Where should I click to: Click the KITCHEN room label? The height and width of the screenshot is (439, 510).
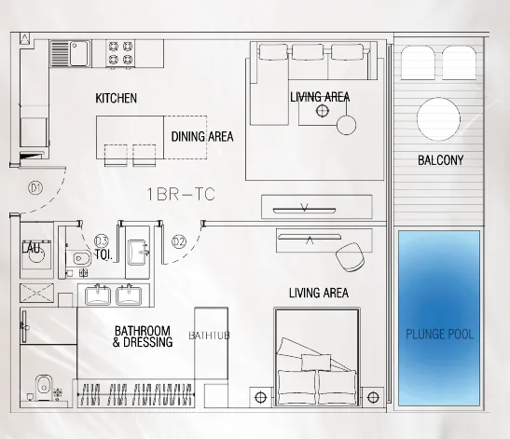point(117,98)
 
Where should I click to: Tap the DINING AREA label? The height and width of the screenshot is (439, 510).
point(202,137)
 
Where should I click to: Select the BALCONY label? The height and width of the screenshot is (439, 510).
point(440,160)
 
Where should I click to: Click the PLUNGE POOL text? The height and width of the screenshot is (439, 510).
point(439,335)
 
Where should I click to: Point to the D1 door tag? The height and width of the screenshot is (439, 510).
point(35,188)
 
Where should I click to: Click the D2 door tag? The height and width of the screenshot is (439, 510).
point(179,241)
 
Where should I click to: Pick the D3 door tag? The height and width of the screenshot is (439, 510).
point(101,241)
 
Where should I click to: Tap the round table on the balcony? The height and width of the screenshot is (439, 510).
point(438,119)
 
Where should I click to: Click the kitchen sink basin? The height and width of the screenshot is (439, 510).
point(79,53)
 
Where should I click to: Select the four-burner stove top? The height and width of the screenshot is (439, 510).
point(120,54)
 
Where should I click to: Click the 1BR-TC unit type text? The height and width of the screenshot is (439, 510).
point(181,195)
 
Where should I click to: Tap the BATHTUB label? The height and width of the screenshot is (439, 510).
point(209,336)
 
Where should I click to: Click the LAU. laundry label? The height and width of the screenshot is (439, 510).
point(33,249)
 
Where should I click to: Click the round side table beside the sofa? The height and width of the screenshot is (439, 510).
point(347,125)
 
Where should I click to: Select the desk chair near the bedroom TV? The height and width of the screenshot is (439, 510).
point(350,257)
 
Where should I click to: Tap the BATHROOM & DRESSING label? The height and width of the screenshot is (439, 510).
point(143,336)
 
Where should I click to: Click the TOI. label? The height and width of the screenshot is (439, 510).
point(103,254)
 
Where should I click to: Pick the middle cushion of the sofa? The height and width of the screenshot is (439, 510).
point(308,52)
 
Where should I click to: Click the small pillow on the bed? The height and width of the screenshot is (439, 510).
point(316,363)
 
